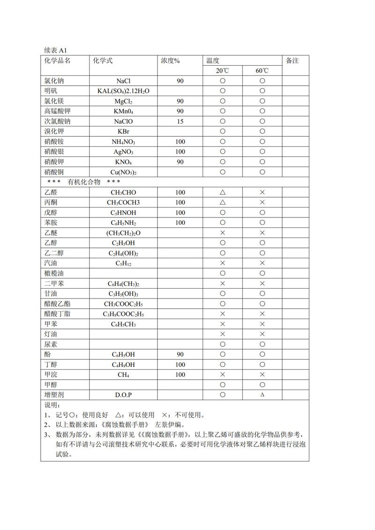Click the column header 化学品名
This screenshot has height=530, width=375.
57,61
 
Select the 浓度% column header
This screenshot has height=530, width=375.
171,61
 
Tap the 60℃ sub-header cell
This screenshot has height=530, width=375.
262,71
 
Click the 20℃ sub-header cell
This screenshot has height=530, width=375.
223,71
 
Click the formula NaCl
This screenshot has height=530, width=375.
123,81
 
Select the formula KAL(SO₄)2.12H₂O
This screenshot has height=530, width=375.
123,91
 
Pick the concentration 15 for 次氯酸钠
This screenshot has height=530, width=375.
180,121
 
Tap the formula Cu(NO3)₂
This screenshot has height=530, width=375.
123,172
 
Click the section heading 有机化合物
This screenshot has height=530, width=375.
84,182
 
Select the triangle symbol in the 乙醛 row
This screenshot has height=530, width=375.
223,192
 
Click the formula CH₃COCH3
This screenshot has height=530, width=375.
123,202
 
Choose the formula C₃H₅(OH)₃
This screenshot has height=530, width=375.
123,293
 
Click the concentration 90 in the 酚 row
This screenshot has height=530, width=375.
180,354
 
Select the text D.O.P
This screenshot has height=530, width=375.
123,395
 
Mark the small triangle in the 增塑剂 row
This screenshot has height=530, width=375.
262,395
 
